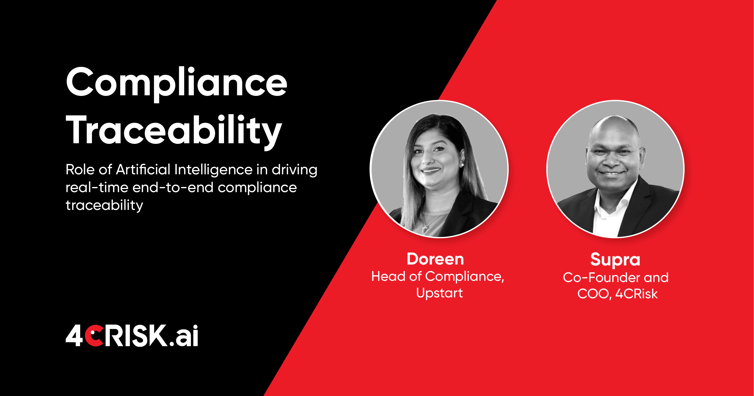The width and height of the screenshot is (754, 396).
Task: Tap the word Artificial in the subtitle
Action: pos(143,169)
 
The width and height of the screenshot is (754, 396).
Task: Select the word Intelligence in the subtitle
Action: pos(213,169)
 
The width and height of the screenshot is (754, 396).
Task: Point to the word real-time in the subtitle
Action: pos(97,188)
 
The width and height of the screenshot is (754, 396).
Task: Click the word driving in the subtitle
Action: pos(295,169)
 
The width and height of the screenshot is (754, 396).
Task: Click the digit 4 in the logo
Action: pos(74,335)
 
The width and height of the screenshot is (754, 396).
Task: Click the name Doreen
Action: pos(435,259)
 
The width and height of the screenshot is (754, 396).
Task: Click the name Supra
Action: pos(615,260)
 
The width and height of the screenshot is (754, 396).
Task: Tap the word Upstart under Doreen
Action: pos(439,293)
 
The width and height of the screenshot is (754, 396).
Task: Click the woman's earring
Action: pos(462,165)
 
